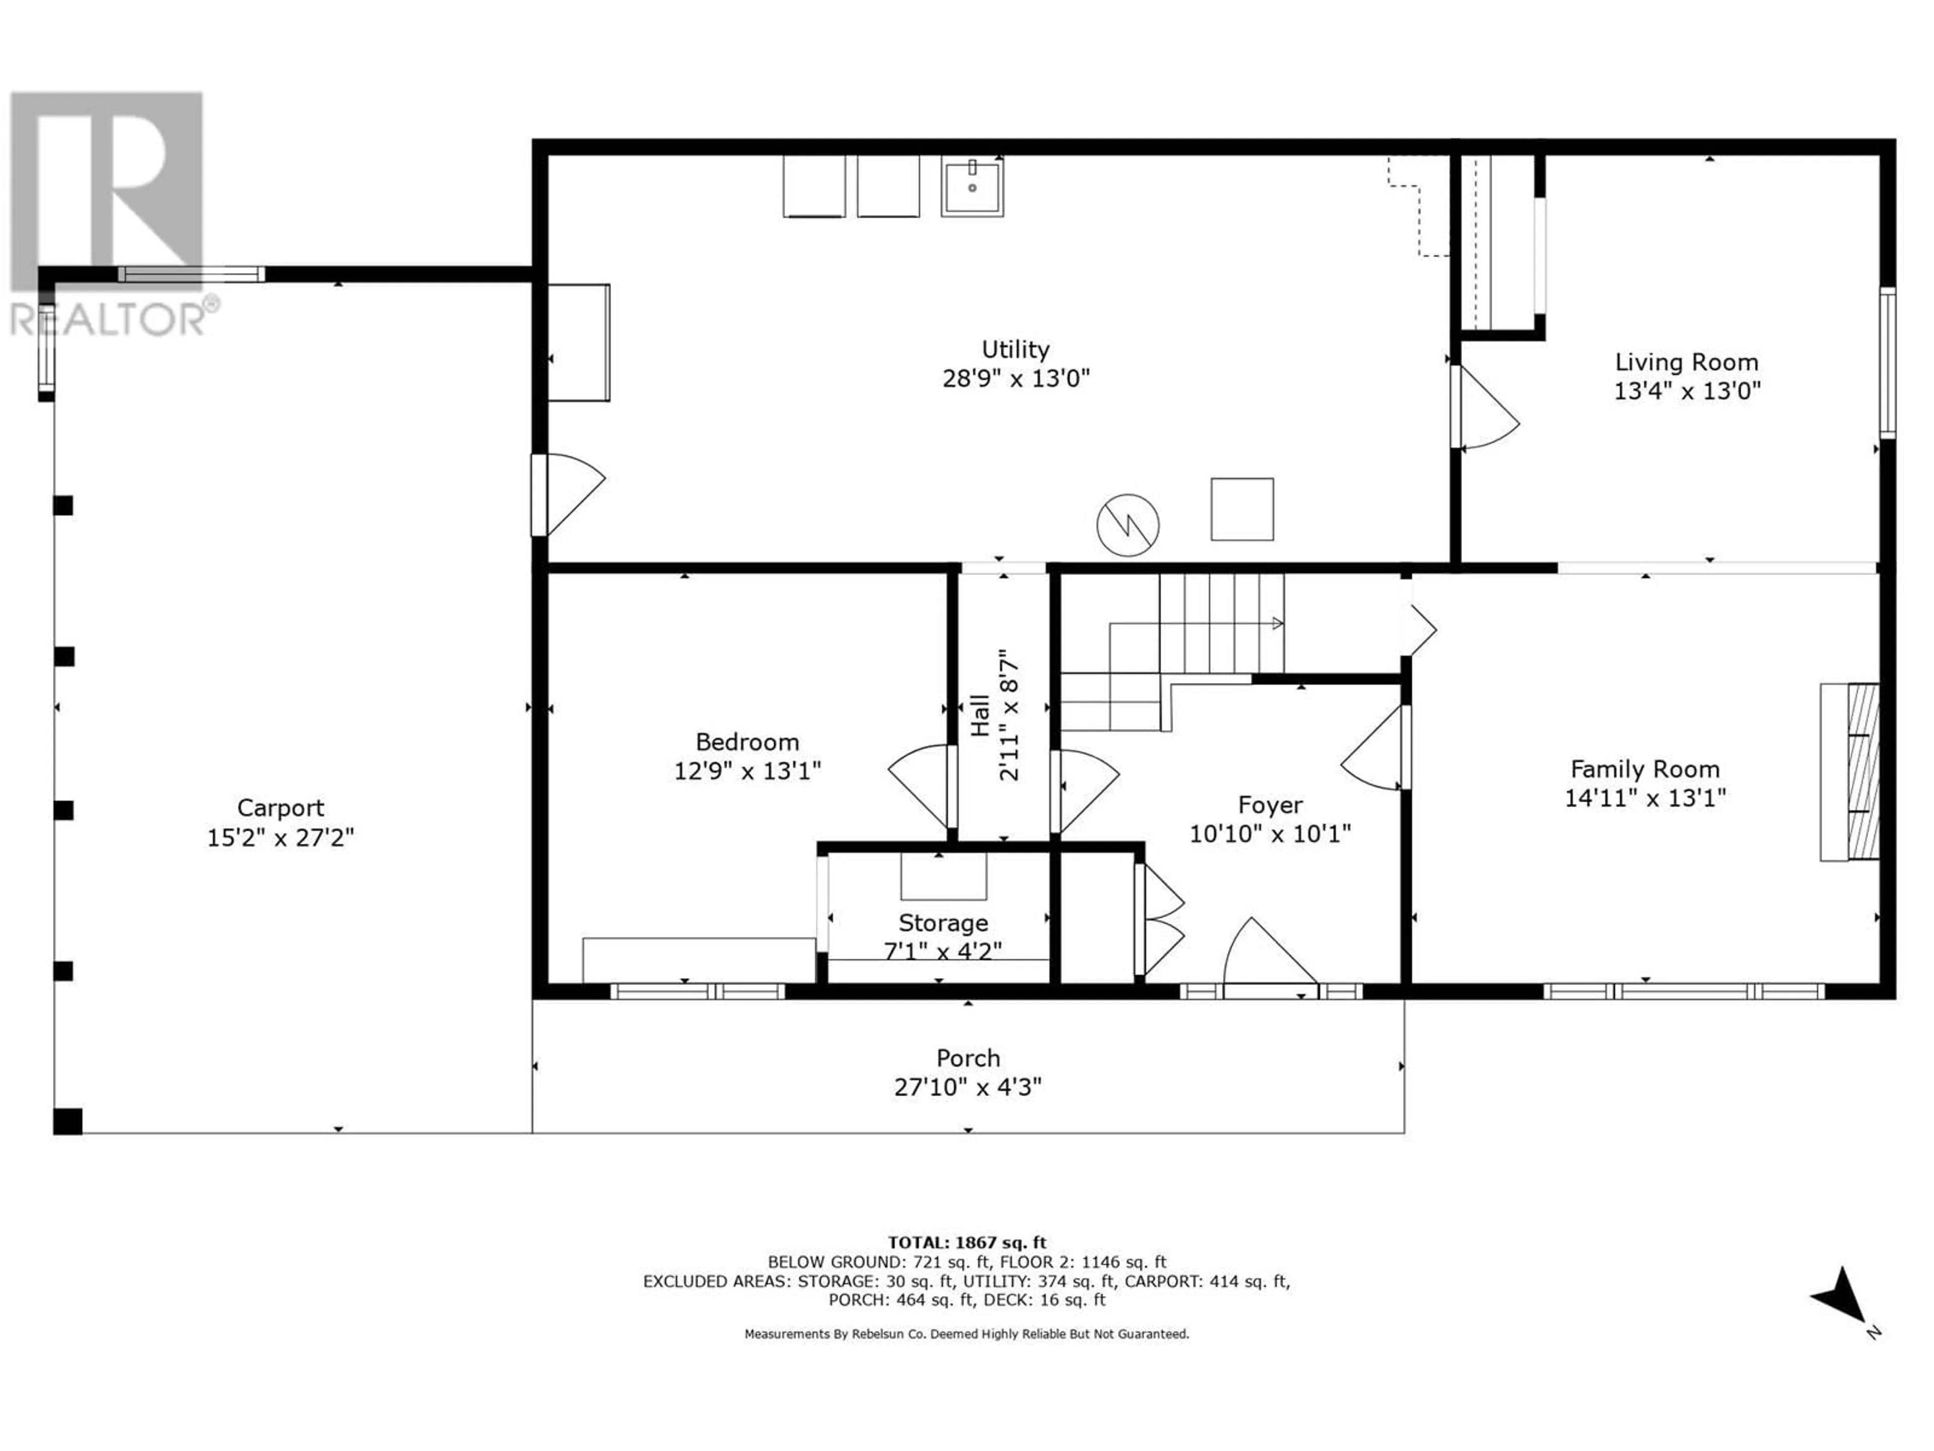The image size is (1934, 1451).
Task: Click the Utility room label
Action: [x=1015, y=350]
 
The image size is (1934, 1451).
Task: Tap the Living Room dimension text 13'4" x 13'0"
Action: [x=1687, y=391]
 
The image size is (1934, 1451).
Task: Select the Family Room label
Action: [x=1644, y=770]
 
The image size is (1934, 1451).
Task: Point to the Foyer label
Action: [x=1270, y=806]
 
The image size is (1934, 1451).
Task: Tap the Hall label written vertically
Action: [x=980, y=715]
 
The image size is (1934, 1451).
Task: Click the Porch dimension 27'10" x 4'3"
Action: [x=968, y=1087]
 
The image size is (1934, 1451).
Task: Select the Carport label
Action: [x=281, y=808]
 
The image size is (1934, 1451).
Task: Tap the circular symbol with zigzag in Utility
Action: [x=1128, y=525]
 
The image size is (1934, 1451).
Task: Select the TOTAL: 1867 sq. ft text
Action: [x=967, y=1242]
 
